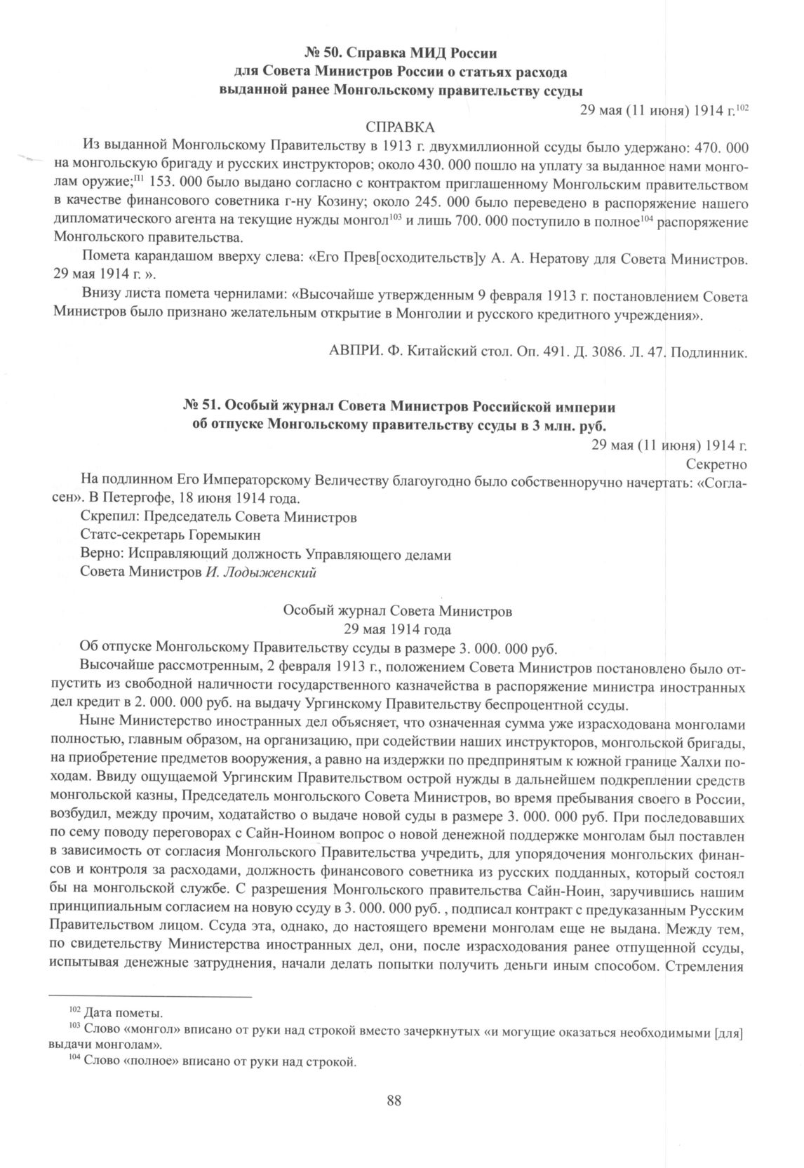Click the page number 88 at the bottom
(x=394, y=1099)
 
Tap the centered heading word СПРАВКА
(x=401, y=128)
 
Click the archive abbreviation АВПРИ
(x=356, y=352)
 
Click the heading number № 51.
(x=200, y=407)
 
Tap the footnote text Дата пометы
(x=123, y=1014)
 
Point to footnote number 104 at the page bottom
(x=74, y=1059)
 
